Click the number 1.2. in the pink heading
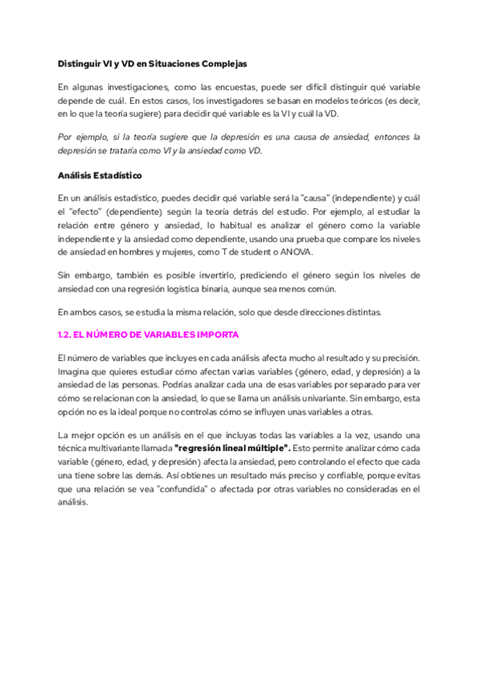pos(67,335)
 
